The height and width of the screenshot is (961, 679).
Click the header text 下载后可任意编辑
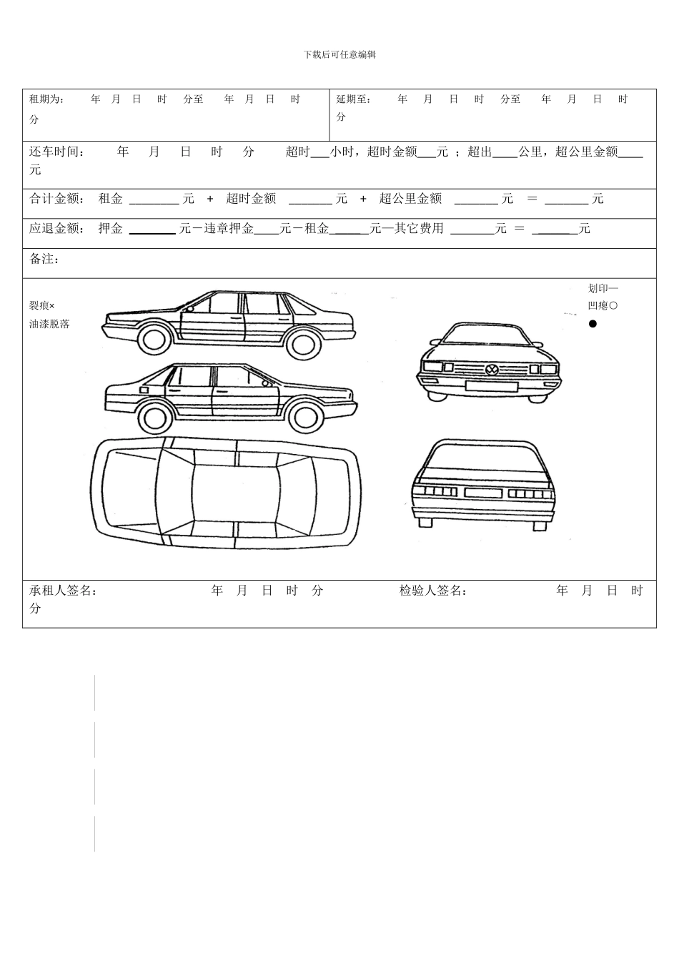(x=339, y=54)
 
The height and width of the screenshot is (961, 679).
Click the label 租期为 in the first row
(x=46, y=99)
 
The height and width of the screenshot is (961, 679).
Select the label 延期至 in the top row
(x=354, y=99)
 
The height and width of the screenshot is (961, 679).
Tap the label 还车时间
(x=56, y=152)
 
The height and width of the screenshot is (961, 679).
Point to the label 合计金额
(x=56, y=199)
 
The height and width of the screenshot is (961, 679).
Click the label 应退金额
(x=56, y=229)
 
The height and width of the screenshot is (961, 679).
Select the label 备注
(x=44, y=259)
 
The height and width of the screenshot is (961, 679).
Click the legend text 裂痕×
(x=42, y=305)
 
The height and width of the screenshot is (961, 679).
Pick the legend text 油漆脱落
(x=49, y=324)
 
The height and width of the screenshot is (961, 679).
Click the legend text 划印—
(x=603, y=288)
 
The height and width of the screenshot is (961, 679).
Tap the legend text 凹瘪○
(x=603, y=305)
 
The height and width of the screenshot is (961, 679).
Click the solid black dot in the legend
(x=593, y=324)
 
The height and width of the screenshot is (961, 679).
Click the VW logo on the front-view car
(x=492, y=370)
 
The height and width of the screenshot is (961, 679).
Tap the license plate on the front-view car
(x=491, y=386)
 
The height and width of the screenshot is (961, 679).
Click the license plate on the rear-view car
(x=483, y=493)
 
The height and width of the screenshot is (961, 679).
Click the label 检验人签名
(x=433, y=591)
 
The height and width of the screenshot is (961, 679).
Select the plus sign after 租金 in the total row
(x=210, y=199)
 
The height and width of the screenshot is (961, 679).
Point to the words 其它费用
(x=419, y=229)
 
